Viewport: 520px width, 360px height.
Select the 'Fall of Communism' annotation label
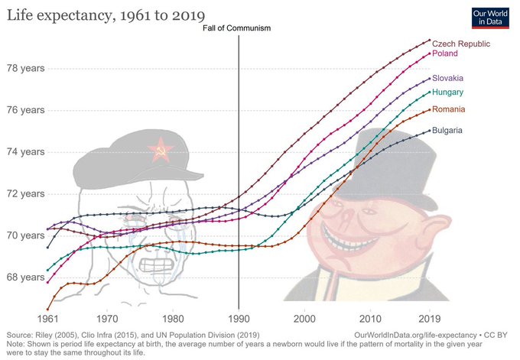239,28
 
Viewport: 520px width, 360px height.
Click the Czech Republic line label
461,44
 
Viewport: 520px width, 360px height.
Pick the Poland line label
445,54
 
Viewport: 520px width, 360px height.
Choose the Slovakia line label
448,79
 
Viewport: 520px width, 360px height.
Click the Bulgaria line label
447,131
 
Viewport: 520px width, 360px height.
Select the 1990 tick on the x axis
239,318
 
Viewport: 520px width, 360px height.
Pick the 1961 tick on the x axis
47,318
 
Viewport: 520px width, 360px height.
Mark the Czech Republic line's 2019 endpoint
429,40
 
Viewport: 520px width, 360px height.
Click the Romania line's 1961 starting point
47,310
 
